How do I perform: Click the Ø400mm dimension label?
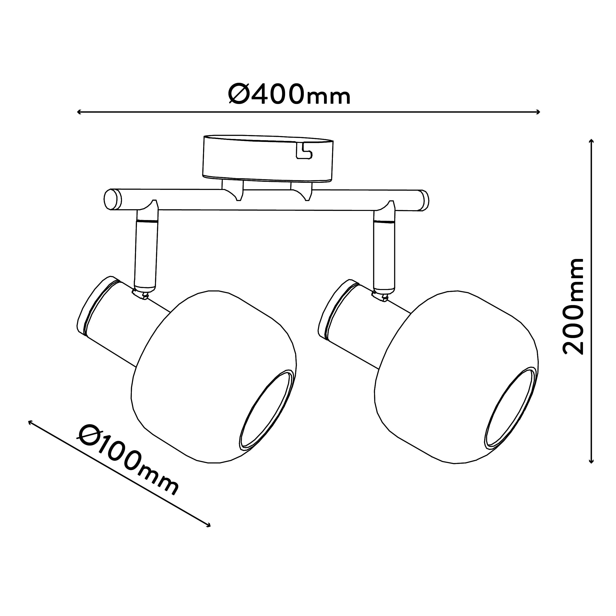[x=290, y=94]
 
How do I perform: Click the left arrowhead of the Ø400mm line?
[x=79, y=112]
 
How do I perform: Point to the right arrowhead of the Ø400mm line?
[x=538, y=112]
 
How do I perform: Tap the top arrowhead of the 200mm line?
[x=591, y=142]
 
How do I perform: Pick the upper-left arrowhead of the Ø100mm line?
[x=31, y=422]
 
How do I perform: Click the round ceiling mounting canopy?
[x=268, y=159]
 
